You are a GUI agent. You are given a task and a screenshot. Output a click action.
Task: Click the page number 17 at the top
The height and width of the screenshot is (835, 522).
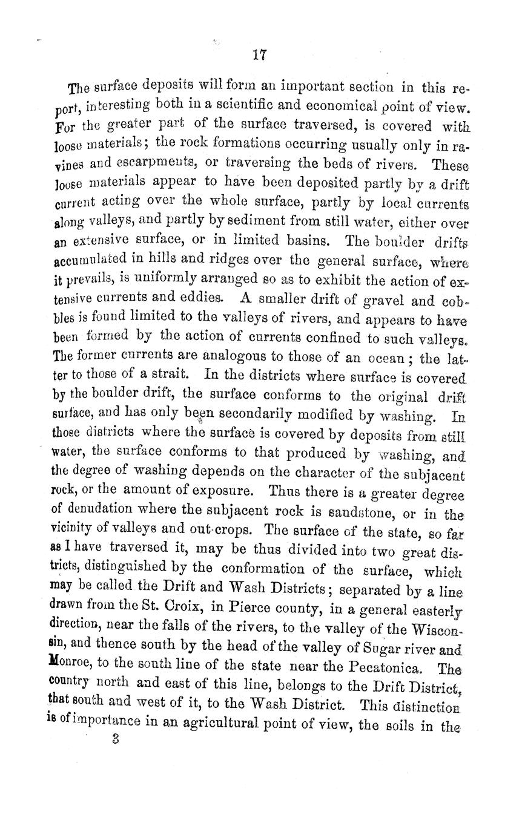click(260, 56)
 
